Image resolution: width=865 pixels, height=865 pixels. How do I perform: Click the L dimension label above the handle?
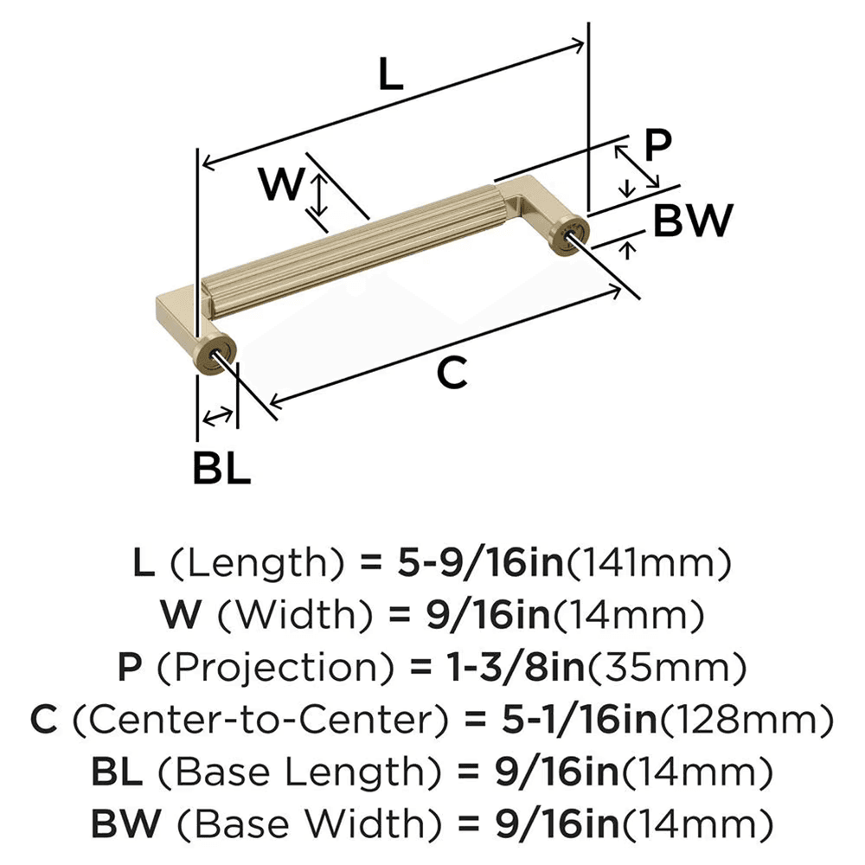pos(391,77)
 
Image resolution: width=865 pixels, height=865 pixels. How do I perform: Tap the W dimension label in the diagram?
pos(283,183)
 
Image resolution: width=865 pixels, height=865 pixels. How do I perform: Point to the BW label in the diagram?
pos(692,221)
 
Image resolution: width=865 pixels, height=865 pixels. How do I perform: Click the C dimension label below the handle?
pos(452,372)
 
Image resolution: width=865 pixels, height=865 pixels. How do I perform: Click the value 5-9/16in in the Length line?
pos(477,564)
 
